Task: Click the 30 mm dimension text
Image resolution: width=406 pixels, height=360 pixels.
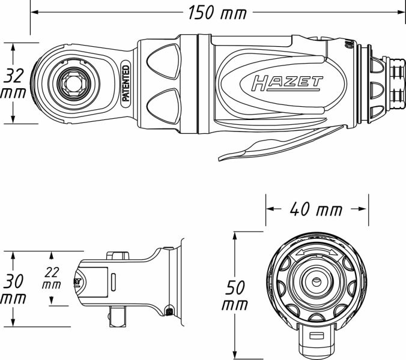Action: [x=13, y=289]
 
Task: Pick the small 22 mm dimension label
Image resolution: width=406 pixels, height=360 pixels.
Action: [x=52, y=277]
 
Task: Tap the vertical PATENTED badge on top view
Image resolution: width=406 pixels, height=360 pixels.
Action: [x=126, y=83]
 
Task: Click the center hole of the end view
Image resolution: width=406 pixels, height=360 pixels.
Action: [x=315, y=281]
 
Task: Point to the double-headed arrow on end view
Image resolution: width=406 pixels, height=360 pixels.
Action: [x=314, y=254]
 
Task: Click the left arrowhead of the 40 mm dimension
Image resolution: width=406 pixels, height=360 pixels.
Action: [x=269, y=209]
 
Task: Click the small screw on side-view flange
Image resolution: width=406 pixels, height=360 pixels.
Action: [x=169, y=310]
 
